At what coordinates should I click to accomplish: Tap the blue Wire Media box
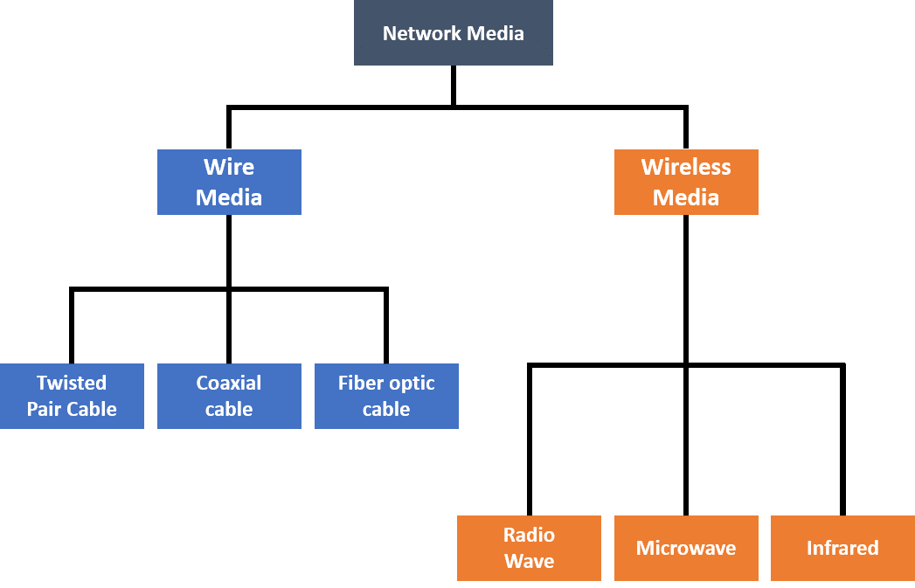pos(229,182)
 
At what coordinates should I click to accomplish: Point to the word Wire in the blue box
pos(229,167)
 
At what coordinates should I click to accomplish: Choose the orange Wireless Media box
pos(686,182)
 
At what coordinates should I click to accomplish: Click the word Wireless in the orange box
pos(686,167)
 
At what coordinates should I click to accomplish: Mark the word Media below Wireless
pos(686,197)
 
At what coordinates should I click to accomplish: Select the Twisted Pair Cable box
pos(72,396)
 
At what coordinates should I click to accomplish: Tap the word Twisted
pos(72,383)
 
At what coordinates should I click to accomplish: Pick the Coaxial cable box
pos(229,396)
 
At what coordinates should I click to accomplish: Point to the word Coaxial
pos(229,383)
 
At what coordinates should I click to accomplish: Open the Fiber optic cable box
pos(386,396)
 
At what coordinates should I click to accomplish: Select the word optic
pos(412,384)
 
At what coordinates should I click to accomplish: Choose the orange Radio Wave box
pos(529,548)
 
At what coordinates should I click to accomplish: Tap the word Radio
pos(529,535)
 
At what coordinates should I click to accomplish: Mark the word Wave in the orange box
pos(529,561)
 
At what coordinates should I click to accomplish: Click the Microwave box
pos(686,548)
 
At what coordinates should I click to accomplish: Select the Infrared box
pos(842,548)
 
